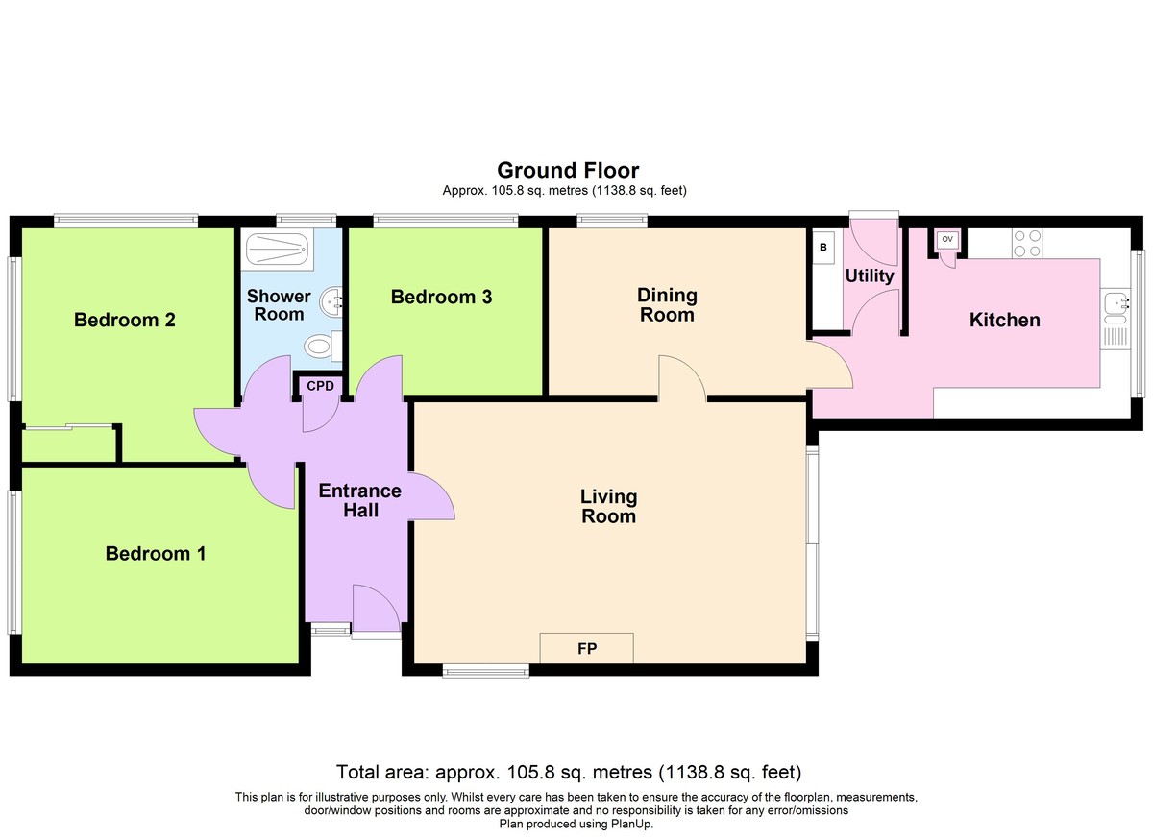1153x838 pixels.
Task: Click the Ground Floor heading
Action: coord(568,170)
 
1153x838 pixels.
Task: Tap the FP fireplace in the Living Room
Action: coord(586,648)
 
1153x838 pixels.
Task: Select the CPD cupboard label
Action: coord(320,386)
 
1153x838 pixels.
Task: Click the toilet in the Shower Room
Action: coord(323,346)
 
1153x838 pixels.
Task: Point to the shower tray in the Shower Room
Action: coord(277,250)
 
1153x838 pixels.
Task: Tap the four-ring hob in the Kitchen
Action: coord(1027,244)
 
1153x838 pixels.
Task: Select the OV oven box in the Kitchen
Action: coord(947,240)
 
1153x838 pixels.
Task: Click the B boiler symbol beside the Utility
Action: coord(823,248)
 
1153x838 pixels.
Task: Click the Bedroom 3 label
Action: coord(441,297)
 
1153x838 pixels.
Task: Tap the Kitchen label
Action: coord(1005,320)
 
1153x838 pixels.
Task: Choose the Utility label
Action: coord(870,276)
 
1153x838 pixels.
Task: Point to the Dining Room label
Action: coord(667,304)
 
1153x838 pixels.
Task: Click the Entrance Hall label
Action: coord(359,500)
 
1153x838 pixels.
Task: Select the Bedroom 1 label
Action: coord(156,553)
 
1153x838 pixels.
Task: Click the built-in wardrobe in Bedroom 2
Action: coord(68,443)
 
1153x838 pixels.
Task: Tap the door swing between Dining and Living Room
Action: coord(682,376)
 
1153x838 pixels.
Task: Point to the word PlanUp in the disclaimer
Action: coord(631,824)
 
